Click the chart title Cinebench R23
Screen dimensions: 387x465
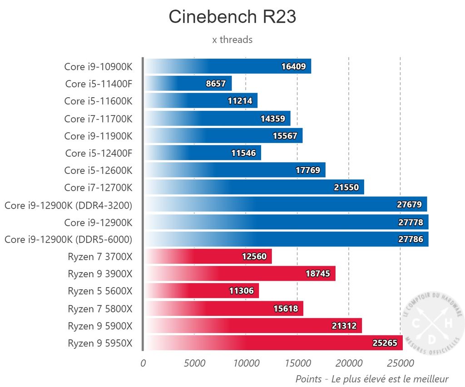pyautogui.click(x=232, y=17)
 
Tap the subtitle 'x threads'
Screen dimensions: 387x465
pyautogui.click(x=232, y=40)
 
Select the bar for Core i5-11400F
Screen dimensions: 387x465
pyautogui.click(x=188, y=84)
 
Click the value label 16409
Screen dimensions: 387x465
pyautogui.click(x=293, y=67)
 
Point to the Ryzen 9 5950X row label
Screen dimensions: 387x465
pyautogui.click(x=100, y=343)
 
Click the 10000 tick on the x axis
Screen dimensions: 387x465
pyautogui.click(x=246, y=363)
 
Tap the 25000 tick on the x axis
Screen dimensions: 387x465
pyautogui.click(x=400, y=363)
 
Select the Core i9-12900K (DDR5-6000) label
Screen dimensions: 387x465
pyautogui.click(x=68, y=239)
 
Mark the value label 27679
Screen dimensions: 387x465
pyautogui.click(x=410, y=205)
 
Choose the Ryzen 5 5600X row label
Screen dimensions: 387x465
pyautogui.click(x=100, y=291)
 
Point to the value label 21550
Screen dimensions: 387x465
pyautogui.click(x=346, y=188)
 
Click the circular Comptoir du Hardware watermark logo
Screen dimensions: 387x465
pyautogui.click(x=432, y=325)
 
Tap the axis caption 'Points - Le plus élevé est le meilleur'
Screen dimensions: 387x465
pyautogui.click(x=371, y=379)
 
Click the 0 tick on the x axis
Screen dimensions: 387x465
pyautogui.click(x=143, y=363)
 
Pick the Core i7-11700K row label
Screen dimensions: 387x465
pyautogui.click(x=98, y=119)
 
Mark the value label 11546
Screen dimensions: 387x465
pyautogui.click(x=244, y=153)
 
